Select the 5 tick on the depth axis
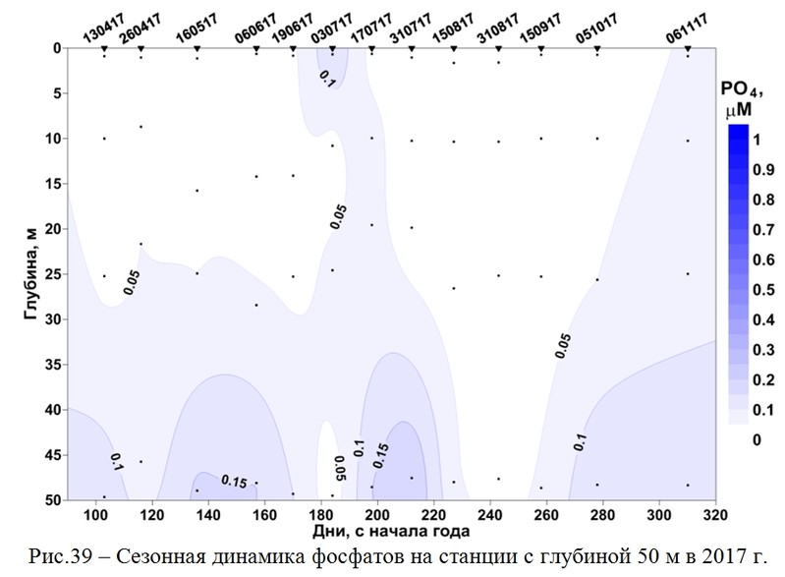tap(57, 93)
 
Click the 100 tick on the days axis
tap(96, 516)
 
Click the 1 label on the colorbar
tap(756, 140)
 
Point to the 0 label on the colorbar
tap(756, 440)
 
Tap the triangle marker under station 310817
tap(498, 48)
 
